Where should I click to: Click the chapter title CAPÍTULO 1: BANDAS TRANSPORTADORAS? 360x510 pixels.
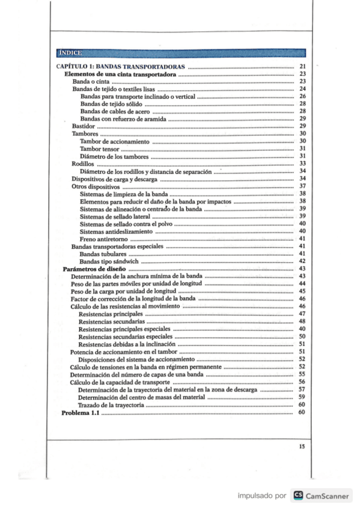[x=120, y=66]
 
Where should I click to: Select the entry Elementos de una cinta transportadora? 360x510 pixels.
[x=120, y=73]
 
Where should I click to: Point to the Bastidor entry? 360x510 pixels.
[x=83, y=126]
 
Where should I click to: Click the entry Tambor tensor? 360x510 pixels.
[x=99, y=149]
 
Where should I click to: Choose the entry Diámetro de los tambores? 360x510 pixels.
[x=114, y=156]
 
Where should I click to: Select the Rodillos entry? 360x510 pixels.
[x=83, y=164]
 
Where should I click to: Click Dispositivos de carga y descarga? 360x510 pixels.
[x=114, y=179]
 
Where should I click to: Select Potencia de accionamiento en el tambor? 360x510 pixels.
[x=124, y=351]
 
